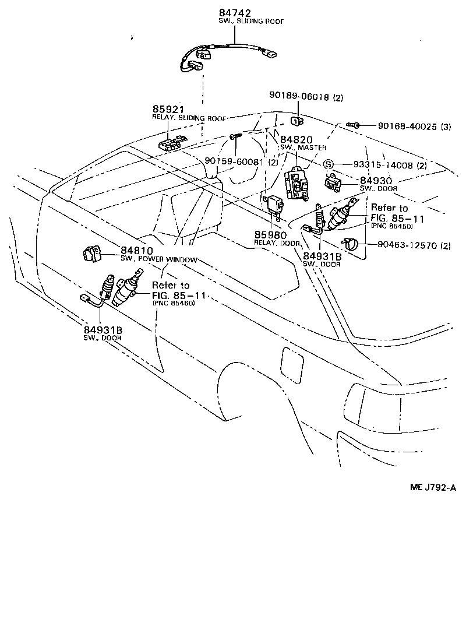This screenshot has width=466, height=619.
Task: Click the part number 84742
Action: click(x=235, y=12)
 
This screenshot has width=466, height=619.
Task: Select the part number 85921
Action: click(x=168, y=109)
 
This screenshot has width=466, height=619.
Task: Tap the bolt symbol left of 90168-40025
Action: click(x=353, y=125)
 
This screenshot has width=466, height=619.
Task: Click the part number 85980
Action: click(x=271, y=235)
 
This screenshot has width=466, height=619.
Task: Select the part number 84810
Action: click(x=137, y=251)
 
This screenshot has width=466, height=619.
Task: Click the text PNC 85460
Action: click(x=174, y=304)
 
